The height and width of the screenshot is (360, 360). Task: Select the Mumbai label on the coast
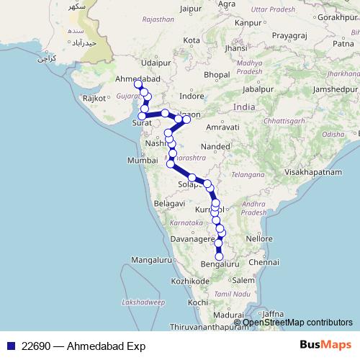(x=142, y=161)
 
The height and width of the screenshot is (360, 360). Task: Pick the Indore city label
(x=192, y=95)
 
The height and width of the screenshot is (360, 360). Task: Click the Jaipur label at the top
(x=191, y=9)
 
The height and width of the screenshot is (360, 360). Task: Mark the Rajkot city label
(x=94, y=97)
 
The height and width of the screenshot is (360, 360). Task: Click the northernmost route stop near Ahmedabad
(x=138, y=84)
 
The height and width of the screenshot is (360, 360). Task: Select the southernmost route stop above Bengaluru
(x=219, y=256)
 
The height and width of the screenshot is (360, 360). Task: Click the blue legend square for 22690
(x=9, y=346)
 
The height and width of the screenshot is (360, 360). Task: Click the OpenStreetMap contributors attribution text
(x=297, y=323)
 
